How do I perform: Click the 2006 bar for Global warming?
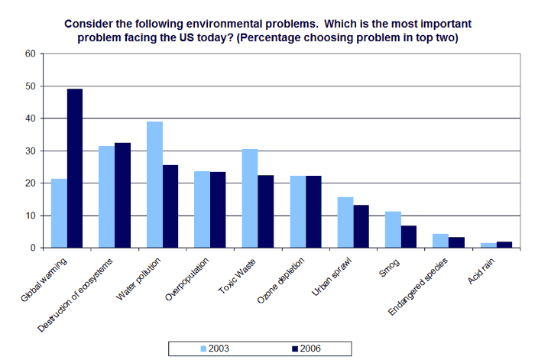pos(75,169)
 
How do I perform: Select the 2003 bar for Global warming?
pos(59,213)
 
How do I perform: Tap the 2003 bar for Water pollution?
pos(154,185)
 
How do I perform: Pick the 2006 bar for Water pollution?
pos(170,206)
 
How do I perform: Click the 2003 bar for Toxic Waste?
pos(250,199)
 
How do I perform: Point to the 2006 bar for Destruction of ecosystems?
pos(122,196)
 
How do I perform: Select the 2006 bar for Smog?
pos(409,237)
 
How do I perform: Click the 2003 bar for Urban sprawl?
pos(345,222)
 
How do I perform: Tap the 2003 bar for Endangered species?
pos(441,241)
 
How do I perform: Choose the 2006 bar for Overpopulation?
pos(218,210)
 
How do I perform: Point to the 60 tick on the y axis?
pos(31,54)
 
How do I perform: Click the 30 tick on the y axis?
pos(31,151)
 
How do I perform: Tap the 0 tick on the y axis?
pos(33,248)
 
